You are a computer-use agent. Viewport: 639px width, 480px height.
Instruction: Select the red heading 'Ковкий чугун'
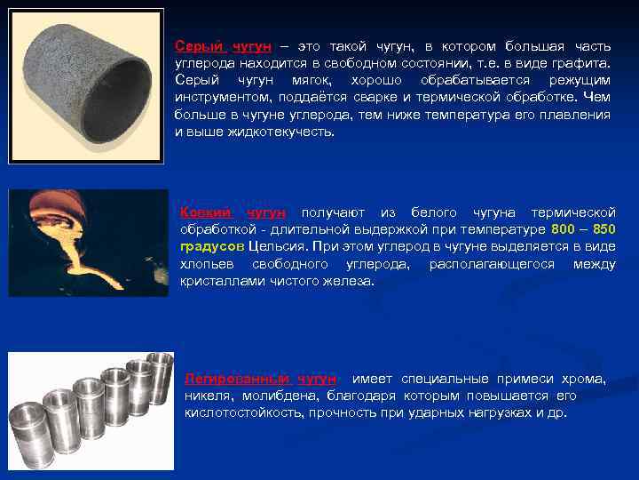pyautogui.click(x=233, y=212)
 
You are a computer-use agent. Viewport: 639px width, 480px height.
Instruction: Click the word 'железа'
pyautogui.click(x=352, y=281)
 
